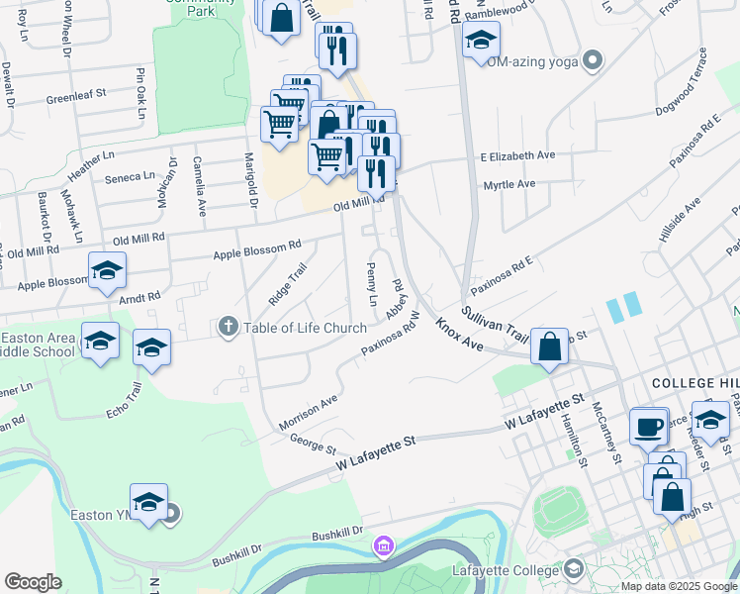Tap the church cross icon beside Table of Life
229,327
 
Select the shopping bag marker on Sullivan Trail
549,347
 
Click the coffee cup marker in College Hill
648,427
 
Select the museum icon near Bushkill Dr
383,545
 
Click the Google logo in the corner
33,582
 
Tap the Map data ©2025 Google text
679,586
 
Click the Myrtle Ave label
509,184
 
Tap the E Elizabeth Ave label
517,155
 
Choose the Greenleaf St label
76,98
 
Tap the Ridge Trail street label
287,284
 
